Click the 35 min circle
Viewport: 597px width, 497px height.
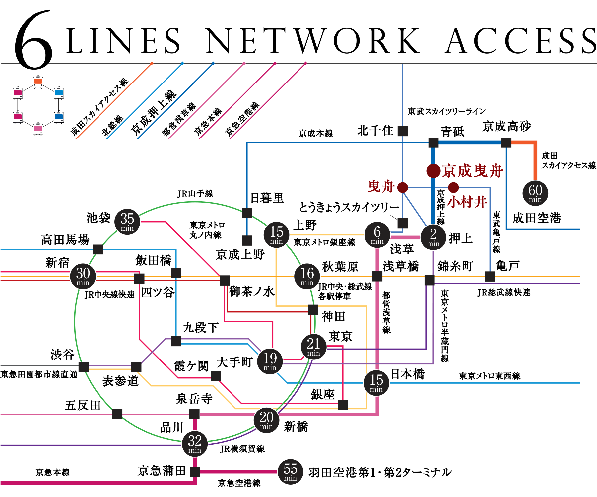[x=127, y=222]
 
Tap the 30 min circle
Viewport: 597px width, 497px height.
[x=83, y=276]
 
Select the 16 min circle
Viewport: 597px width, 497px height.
[x=307, y=276]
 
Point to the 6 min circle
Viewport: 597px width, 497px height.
[x=377, y=235]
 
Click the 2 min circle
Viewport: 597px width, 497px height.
[x=433, y=237]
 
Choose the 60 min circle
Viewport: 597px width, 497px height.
[x=535, y=193]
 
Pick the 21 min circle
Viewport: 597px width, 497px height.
[x=313, y=347]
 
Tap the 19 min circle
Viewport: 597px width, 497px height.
[x=270, y=361]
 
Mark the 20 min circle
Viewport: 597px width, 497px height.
[x=266, y=420]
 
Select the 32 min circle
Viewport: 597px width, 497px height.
[x=195, y=444]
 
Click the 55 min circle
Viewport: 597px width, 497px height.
[x=290, y=472]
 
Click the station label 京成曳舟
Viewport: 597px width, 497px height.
[x=472, y=171]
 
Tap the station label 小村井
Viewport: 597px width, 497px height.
[x=467, y=202]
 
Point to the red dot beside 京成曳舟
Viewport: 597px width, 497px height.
[x=433, y=171]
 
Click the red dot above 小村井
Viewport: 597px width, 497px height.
[x=453, y=188]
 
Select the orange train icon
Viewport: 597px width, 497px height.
[x=38, y=82]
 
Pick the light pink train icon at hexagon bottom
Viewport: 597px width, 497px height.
[x=38, y=129]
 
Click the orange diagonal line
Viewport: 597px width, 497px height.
[x=114, y=101]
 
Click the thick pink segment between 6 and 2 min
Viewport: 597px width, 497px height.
[x=405, y=237]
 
